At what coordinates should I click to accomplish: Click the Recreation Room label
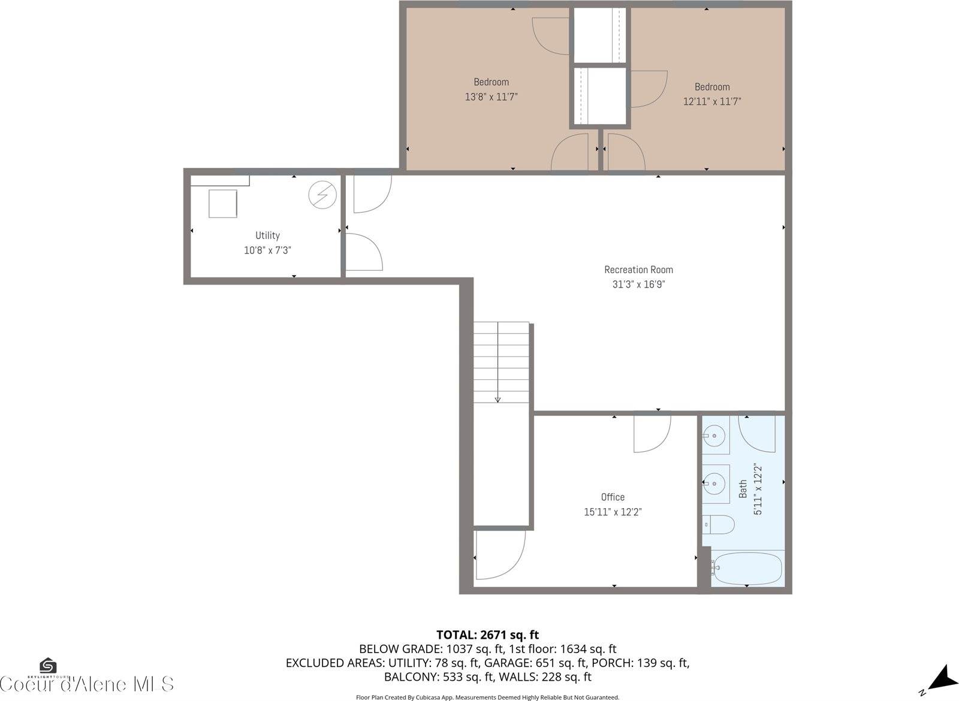638,270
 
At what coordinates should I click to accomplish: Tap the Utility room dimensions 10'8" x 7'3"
267,250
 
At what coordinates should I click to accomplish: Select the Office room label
613,497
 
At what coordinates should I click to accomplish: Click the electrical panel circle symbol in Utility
322,194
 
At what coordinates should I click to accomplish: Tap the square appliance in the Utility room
223,203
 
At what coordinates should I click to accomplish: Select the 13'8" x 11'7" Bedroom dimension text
491,96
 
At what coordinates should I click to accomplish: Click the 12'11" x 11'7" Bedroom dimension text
712,101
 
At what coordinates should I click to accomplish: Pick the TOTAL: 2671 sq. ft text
487,634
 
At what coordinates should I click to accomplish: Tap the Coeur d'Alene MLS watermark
87,684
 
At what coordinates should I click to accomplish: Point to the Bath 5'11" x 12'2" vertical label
750,489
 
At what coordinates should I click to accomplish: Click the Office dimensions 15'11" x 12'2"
613,512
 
